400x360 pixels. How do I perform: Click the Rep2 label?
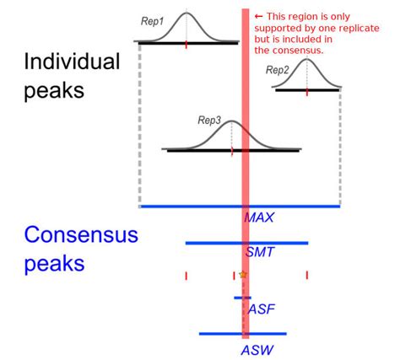point(278,69)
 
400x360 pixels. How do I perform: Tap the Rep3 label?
point(208,121)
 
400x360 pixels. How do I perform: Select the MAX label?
point(259,218)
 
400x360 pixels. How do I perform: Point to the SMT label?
point(259,253)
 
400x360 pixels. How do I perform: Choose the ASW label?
point(256,348)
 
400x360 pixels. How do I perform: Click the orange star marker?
point(243,275)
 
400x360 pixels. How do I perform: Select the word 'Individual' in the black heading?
point(72,62)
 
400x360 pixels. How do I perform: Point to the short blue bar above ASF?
point(242,298)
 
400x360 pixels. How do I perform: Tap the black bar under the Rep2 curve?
point(307,90)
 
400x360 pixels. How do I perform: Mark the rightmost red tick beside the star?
point(307,275)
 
